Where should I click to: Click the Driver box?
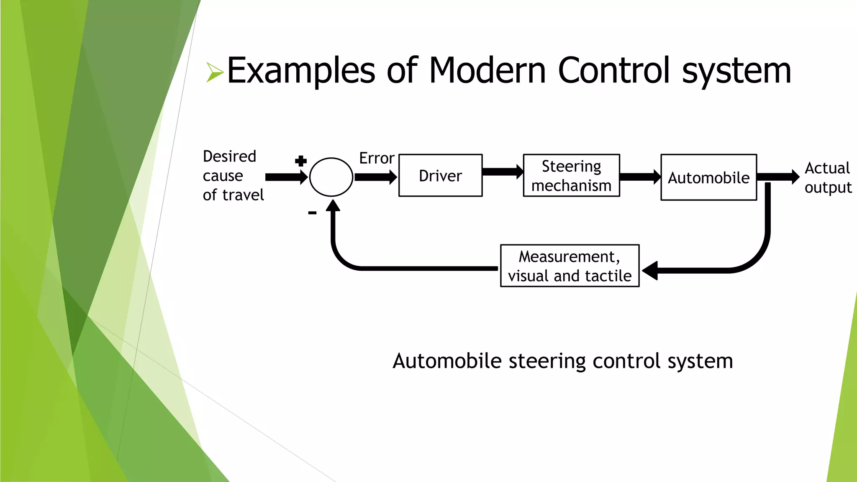(440, 176)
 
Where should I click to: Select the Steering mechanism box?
(571, 176)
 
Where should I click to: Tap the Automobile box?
(708, 178)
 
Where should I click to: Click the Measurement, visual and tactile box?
(570, 266)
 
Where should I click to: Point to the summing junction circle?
(331, 177)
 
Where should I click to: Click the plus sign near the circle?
(301, 161)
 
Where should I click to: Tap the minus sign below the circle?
(312, 213)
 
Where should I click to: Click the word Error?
(377, 158)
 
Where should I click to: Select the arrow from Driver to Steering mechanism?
(502, 172)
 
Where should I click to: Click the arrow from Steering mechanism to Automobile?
(639, 177)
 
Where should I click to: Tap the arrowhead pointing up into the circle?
(333, 205)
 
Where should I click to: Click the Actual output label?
(828, 178)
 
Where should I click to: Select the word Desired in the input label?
(229, 156)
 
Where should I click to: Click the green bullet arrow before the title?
(215, 72)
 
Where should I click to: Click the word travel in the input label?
(243, 195)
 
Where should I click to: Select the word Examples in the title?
(301, 71)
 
